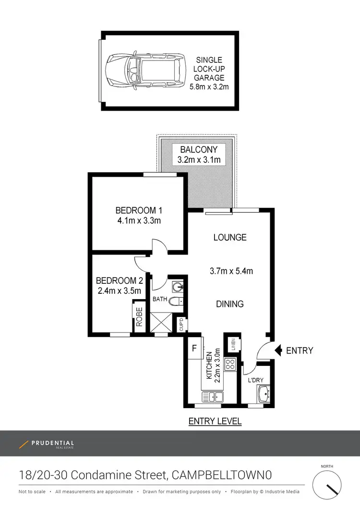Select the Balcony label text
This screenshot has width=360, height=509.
[x=199, y=149]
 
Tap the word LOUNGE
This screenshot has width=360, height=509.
[x=230, y=237]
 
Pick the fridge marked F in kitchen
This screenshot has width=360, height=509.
[x=194, y=347]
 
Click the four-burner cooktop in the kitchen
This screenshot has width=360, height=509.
[x=229, y=364]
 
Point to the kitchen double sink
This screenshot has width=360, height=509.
[x=213, y=397]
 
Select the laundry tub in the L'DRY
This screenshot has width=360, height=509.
[x=264, y=396]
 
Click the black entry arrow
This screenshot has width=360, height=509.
[x=278, y=351]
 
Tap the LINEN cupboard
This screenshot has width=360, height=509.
[x=232, y=344]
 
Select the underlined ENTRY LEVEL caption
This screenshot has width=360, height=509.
[x=215, y=422]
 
